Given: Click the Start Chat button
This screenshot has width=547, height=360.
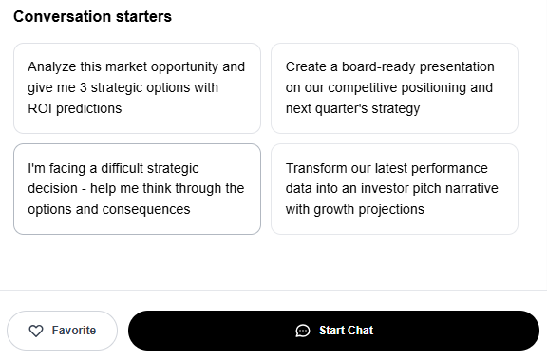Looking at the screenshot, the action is pyautogui.click(x=334, y=331).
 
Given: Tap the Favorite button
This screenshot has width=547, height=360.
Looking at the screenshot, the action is pyautogui.click(x=62, y=331).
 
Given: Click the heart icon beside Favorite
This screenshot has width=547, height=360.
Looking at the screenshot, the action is pyautogui.click(x=36, y=331).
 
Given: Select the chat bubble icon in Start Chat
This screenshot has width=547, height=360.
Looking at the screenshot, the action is pyautogui.click(x=302, y=331).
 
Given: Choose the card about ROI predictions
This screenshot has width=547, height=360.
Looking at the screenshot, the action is pyautogui.click(x=137, y=88).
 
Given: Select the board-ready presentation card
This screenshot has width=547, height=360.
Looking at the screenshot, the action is pyautogui.click(x=394, y=88).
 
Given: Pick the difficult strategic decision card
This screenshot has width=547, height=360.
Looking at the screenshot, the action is pyautogui.click(x=137, y=189).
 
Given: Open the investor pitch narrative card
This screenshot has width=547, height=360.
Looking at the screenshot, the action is pyautogui.click(x=394, y=189).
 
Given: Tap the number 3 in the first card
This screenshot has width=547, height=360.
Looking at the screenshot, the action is pyautogui.click(x=83, y=87).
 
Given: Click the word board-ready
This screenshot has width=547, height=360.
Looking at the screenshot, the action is pyautogui.click(x=375, y=66).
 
